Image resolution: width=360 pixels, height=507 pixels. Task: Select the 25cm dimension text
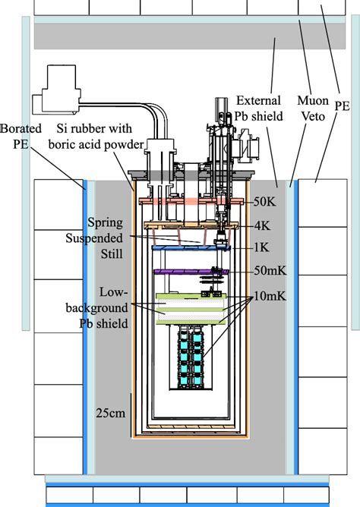[110, 414]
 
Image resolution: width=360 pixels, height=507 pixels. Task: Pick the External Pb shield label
[259, 108]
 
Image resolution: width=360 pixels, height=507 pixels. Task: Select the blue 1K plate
[186, 248]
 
